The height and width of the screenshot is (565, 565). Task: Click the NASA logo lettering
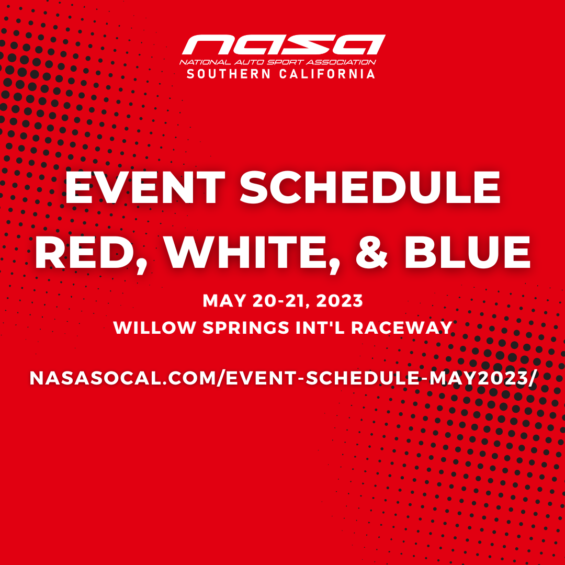(x=283, y=45)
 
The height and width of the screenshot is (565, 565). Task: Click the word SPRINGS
(x=239, y=328)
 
